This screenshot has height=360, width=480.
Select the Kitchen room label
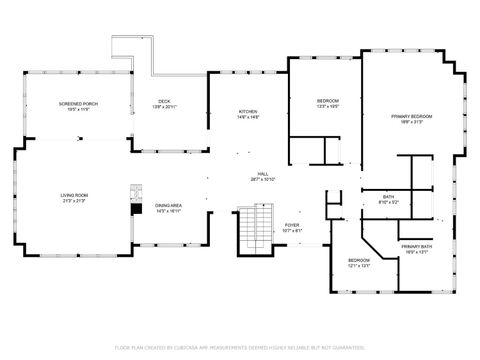tap(248, 111)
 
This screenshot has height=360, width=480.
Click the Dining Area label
tap(168, 206)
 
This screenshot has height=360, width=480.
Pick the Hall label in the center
tap(263, 174)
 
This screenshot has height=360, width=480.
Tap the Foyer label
tap(292, 225)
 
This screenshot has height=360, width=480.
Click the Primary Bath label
tap(417, 246)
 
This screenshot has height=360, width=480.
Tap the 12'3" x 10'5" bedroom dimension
tap(328, 107)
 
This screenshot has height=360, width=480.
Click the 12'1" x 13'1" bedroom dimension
tap(359, 266)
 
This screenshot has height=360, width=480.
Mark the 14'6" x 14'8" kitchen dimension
tap(248, 117)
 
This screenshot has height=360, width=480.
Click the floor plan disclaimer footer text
tap(240, 347)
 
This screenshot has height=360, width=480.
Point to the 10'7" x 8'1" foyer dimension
tap(292, 231)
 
